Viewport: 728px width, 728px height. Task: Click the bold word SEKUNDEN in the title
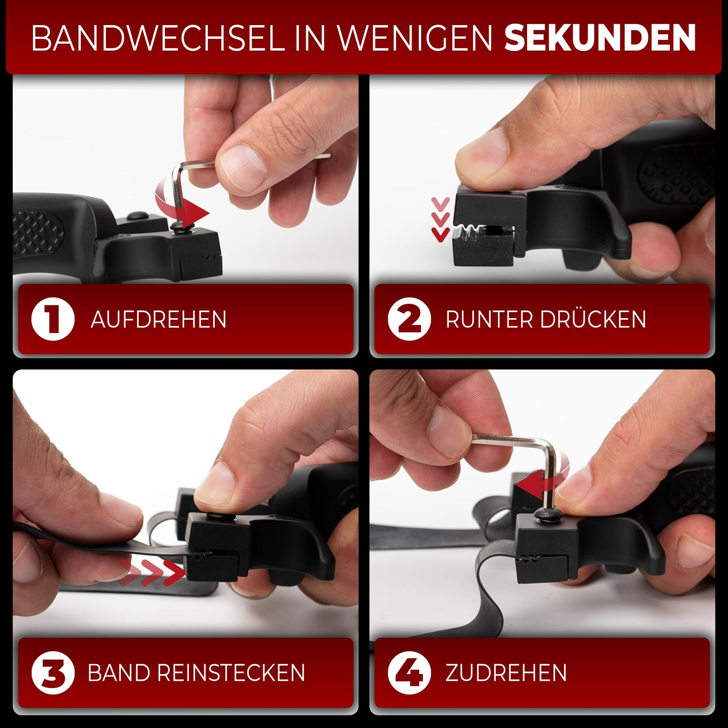[600, 38]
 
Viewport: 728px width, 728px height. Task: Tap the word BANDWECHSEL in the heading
[159, 38]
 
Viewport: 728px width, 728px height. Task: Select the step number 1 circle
[52, 319]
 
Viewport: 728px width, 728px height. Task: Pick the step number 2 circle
[409, 319]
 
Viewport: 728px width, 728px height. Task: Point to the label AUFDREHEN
[159, 319]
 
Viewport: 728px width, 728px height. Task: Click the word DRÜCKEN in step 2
[593, 319]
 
